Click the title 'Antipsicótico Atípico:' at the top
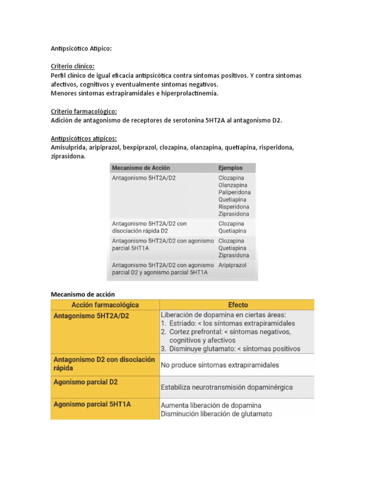click(x=81, y=49)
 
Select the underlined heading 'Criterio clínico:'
click(x=72, y=67)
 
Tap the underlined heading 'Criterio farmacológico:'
click(x=84, y=112)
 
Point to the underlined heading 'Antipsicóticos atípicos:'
click(x=84, y=138)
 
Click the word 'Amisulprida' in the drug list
click(x=67, y=147)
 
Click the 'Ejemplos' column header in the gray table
click(x=230, y=168)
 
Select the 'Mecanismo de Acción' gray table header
click(x=140, y=168)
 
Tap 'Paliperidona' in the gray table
click(x=234, y=192)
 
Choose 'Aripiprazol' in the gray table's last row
click(x=232, y=265)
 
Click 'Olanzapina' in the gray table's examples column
click(x=233, y=185)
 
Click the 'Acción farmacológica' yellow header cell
click(x=105, y=305)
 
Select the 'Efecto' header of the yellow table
click(x=238, y=305)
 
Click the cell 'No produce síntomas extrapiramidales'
click(x=220, y=365)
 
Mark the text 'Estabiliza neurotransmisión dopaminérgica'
click(x=227, y=387)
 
